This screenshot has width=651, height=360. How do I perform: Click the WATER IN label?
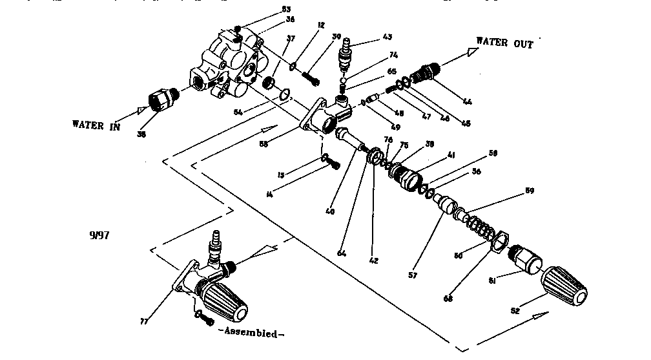click(x=96, y=125)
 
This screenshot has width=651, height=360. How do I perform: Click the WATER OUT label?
click(x=504, y=43)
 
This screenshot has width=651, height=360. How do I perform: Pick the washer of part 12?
click(x=293, y=65)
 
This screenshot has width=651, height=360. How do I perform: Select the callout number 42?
click(x=374, y=262)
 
